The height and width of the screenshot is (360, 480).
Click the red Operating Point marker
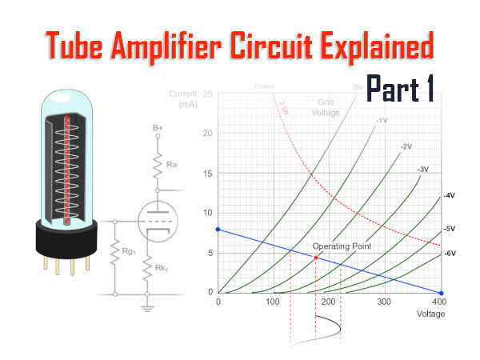coord(316,258)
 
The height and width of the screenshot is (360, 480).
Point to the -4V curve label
coord(450,196)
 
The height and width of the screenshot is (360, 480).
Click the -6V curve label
coord(450,253)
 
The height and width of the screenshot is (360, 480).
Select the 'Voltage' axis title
coord(430,314)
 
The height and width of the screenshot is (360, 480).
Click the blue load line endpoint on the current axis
coord(218,230)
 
